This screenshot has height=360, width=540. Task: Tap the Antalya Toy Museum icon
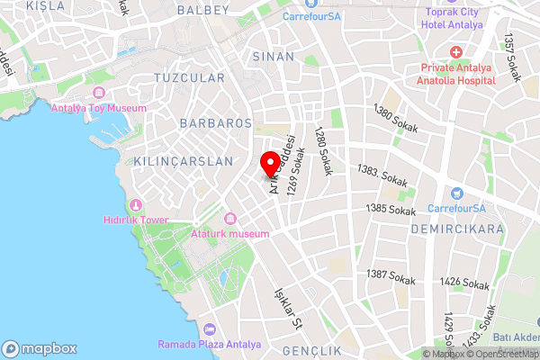coord(98,93)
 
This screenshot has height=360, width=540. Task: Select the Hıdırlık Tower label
coord(136,220)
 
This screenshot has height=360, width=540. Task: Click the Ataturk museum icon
coord(230,219)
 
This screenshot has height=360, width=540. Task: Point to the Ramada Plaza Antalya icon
coord(209,330)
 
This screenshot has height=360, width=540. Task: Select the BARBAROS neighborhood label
coord(215,122)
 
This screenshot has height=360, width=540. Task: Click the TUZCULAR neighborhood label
coord(188,78)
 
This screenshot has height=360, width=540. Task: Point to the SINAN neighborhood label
coord(274,57)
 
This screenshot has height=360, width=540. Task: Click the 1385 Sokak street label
coord(391,210)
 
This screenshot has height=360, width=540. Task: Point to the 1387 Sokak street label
coord(391,276)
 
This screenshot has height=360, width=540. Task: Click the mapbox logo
coord(40,348)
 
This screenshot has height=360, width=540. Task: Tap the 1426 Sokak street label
coord(464,283)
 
